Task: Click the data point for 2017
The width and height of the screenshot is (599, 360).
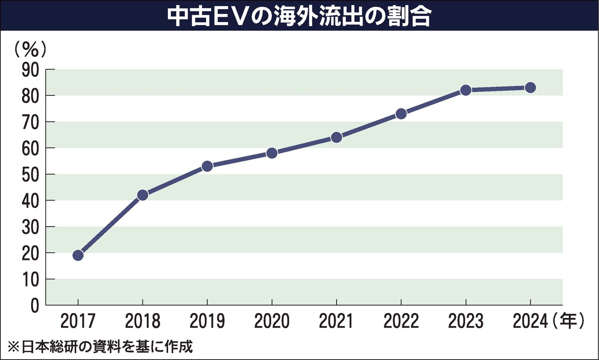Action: point(78,255)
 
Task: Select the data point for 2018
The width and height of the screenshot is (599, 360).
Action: point(143,195)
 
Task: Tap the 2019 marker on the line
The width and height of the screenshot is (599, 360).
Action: point(207,166)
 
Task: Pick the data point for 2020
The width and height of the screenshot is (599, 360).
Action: point(272,153)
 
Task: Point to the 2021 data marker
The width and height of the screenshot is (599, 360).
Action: point(337,137)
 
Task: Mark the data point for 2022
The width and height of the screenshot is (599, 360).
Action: point(401,114)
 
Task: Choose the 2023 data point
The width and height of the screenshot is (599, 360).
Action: point(466,90)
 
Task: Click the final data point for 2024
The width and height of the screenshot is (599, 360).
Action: point(530,88)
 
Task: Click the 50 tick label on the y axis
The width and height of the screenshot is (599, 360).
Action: point(31,175)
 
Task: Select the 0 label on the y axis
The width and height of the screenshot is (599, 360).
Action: point(35,306)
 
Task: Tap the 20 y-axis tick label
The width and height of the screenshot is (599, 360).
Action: point(31,253)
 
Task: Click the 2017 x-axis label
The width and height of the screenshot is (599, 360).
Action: point(78,321)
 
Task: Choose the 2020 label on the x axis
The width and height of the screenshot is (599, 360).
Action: point(272,321)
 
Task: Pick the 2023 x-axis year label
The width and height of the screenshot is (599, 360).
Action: point(466,321)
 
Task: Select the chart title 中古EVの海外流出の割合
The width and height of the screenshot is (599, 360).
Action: point(299,16)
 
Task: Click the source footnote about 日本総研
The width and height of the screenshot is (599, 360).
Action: point(100,346)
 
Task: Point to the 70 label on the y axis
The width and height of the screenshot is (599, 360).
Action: point(31,123)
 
